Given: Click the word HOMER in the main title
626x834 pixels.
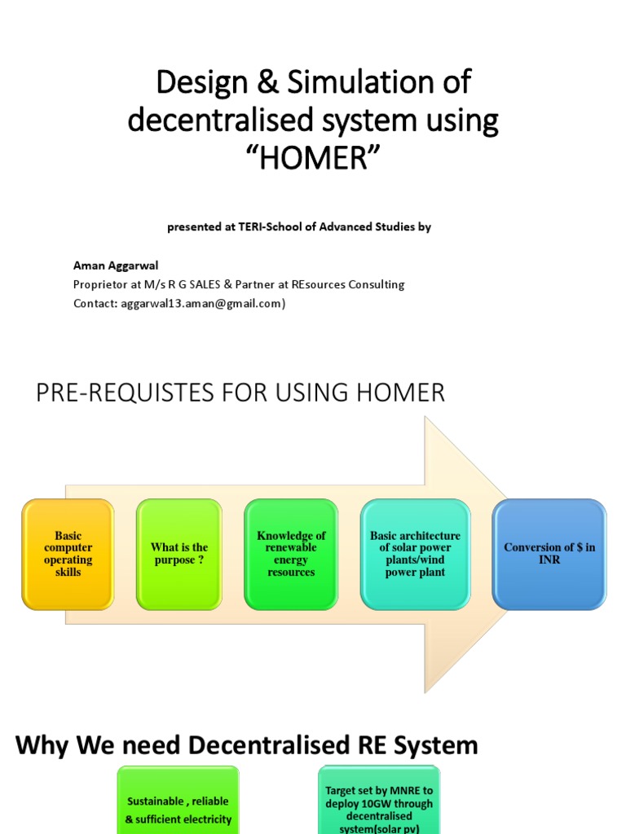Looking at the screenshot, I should [x=313, y=158].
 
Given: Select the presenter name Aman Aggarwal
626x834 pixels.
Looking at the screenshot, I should [x=116, y=266].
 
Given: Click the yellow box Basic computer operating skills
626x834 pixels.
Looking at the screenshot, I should [x=68, y=554].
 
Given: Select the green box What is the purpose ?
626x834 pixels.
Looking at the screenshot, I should [x=179, y=554].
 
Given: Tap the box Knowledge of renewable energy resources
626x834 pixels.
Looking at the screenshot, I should [x=291, y=554].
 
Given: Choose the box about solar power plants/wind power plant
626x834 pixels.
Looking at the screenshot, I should [x=415, y=554].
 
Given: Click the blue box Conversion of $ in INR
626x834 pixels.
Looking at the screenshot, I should [x=549, y=554].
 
